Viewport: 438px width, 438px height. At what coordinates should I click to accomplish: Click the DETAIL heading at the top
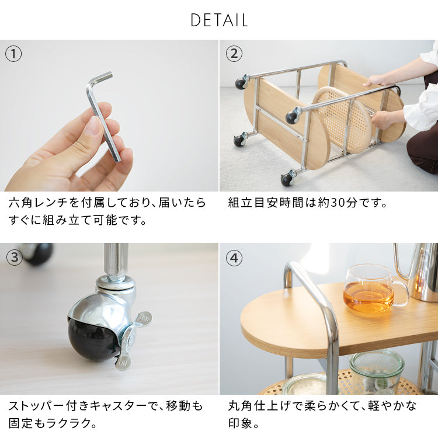(x=219, y=20)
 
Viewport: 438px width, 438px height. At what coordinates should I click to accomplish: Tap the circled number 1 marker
(x=13, y=54)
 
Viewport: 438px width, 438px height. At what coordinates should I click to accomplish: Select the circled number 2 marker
(x=234, y=54)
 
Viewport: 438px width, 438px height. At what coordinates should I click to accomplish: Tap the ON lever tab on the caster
(x=123, y=363)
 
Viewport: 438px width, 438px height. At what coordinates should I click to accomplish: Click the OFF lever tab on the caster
(x=145, y=318)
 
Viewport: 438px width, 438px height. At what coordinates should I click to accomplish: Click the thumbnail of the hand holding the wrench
(x=109, y=116)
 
